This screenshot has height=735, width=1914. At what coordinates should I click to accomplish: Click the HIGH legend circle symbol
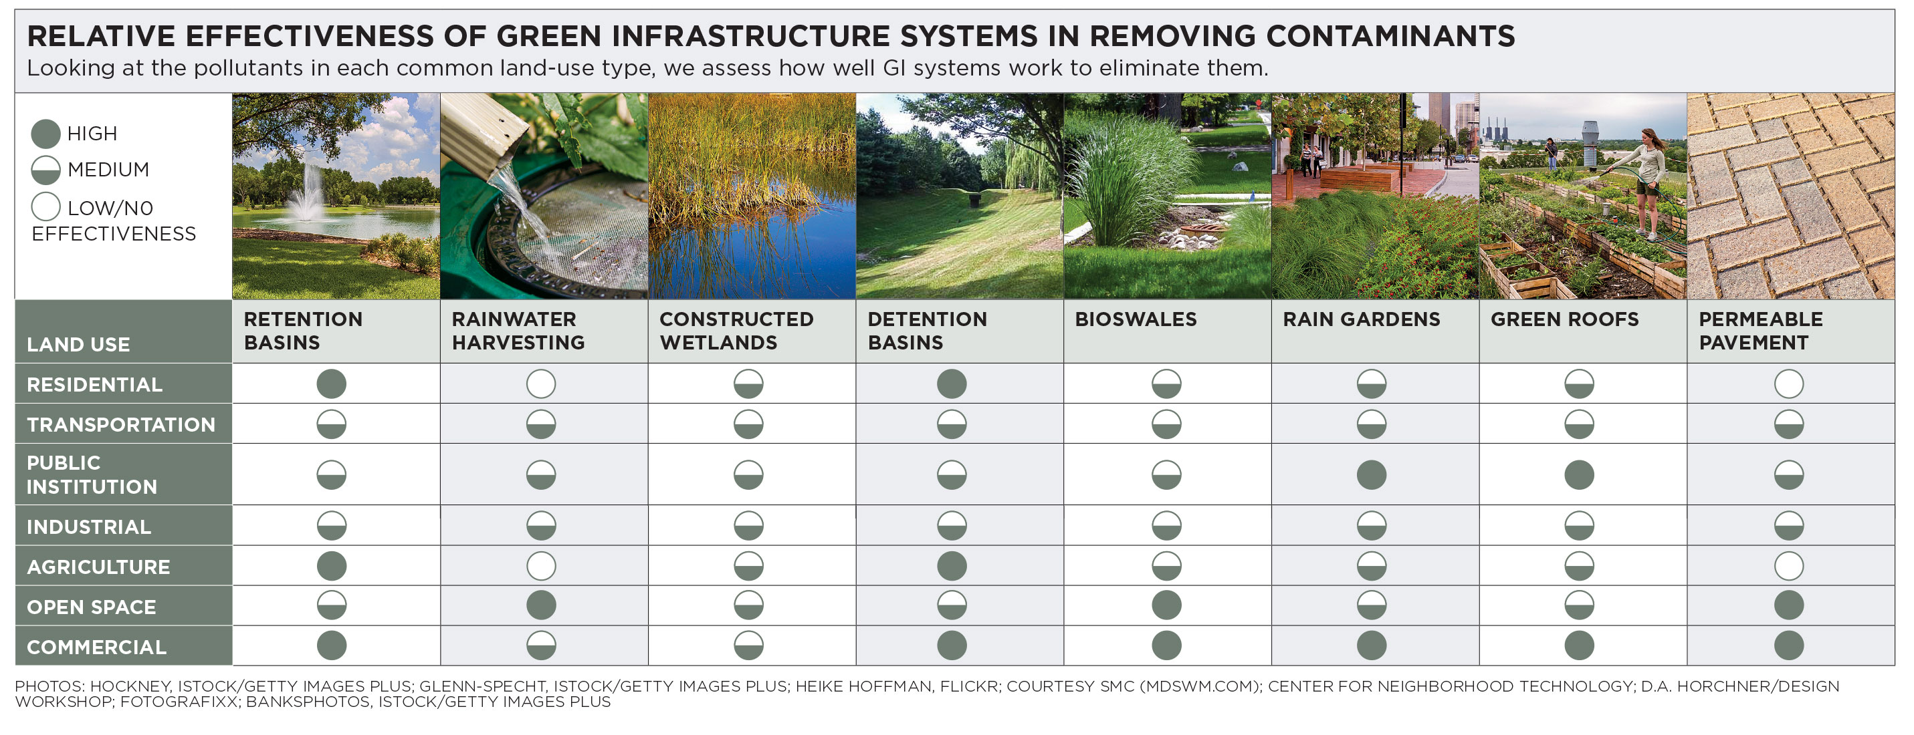click(45, 134)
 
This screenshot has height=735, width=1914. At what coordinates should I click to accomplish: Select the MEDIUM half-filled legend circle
click(45, 170)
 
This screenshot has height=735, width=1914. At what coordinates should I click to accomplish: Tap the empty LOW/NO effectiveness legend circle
click(45, 207)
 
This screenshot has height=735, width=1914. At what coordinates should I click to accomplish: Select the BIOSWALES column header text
click(1136, 319)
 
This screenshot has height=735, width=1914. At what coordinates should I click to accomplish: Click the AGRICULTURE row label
click(98, 567)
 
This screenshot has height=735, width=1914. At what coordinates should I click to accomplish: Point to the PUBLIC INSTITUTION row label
click(92, 475)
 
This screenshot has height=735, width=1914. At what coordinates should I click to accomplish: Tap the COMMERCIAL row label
click(96, 647)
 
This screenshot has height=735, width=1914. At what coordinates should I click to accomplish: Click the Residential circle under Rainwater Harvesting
click(541, 384)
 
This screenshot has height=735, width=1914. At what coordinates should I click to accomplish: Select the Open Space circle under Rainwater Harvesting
click(541, 605)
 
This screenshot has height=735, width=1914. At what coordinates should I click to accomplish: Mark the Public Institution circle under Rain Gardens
click(1371, 475)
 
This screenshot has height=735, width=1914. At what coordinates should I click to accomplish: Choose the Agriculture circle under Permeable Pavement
click(1788, 567)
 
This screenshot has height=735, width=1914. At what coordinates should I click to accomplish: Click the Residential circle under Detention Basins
click(952, 384)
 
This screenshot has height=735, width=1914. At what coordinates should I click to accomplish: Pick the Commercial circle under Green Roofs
click(1579, 645)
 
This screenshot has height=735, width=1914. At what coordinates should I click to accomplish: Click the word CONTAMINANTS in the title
click(1390, 35)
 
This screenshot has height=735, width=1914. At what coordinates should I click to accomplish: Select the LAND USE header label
click(78, 345)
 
